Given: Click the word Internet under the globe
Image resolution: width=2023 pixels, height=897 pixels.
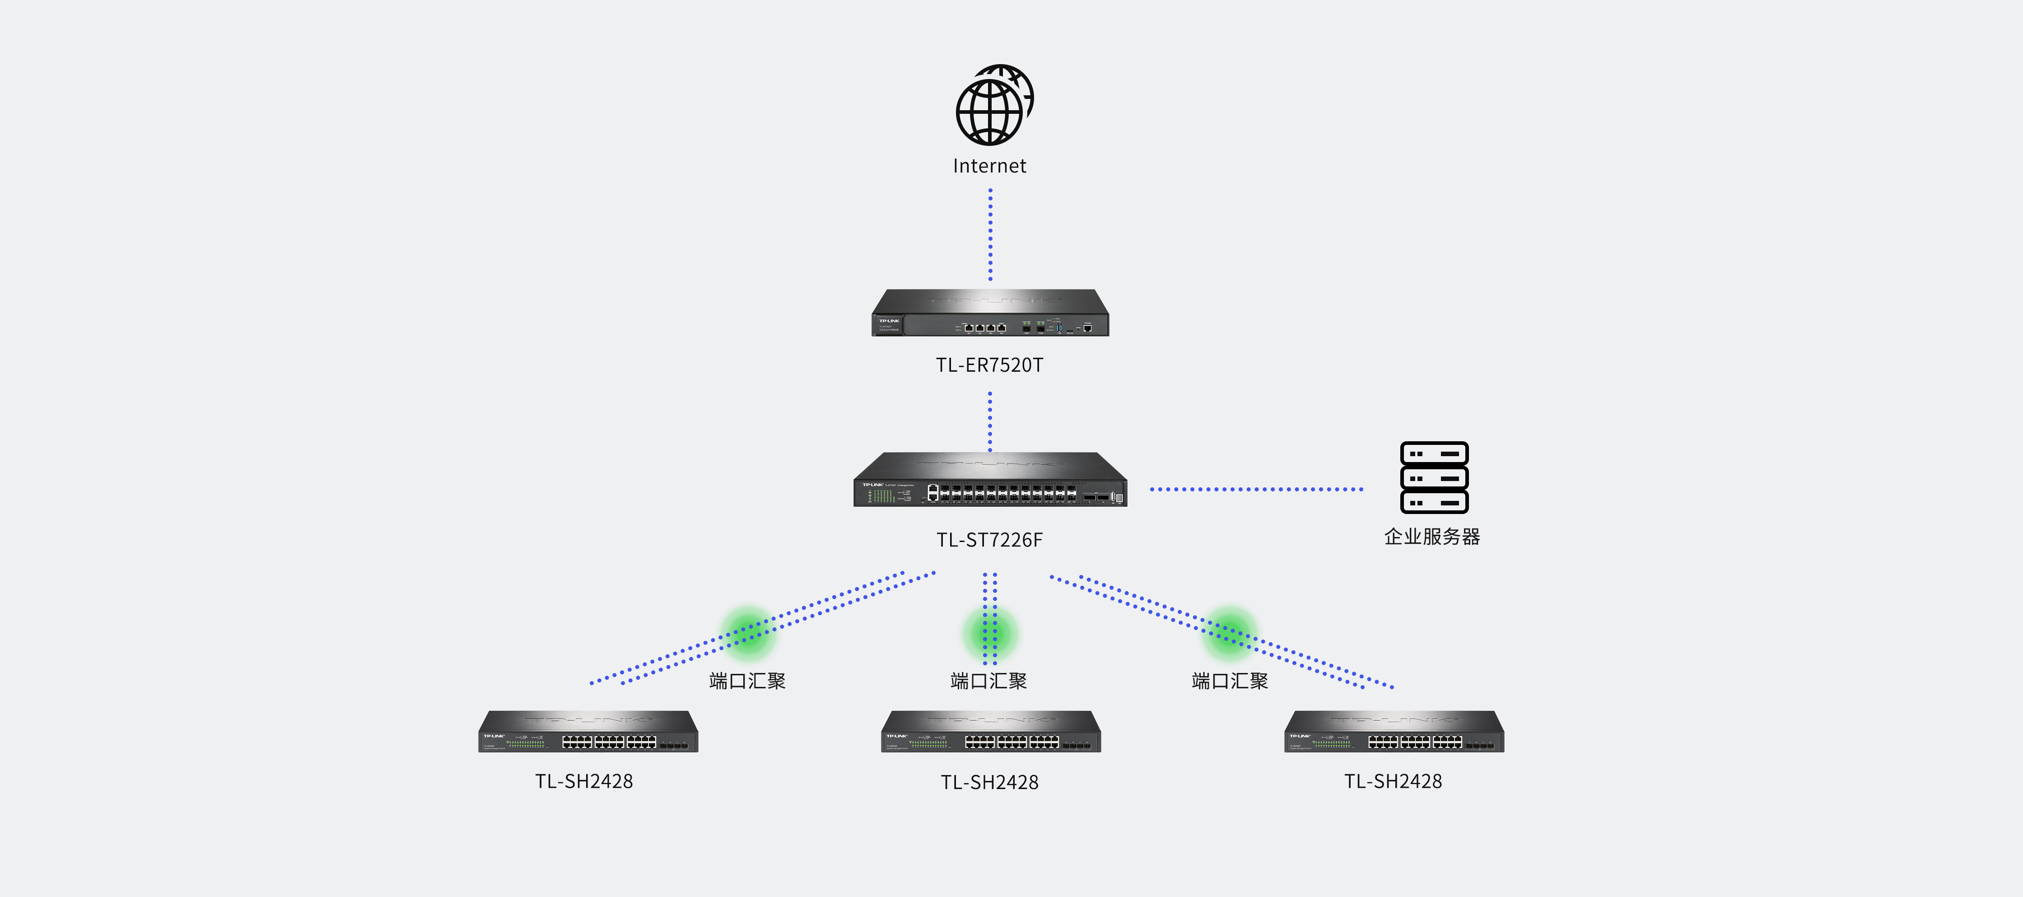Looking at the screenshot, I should pyautogui.click(x=989, y=166).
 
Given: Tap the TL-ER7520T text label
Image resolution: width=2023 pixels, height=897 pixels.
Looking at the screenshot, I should pyautogui.click(x=989, y=365).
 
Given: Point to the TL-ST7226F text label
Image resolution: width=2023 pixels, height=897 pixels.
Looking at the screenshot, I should pyautogui.click(x=989, y=540).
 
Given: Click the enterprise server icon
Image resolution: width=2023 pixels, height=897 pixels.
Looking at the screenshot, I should pyautogui.click(x=1434, y=477).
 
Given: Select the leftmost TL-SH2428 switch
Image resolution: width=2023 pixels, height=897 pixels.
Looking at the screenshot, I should pyautogui.click(x=588, y=732).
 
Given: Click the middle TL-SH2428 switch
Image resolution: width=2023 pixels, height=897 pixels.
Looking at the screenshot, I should pyautogui.click(x=991, y=732).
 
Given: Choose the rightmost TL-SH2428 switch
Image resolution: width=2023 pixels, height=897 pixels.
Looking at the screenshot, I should pyautogui.click(x=1394, y=732).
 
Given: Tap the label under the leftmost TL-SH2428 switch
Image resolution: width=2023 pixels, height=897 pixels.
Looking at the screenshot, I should pyautogui.click(x=584, y=781).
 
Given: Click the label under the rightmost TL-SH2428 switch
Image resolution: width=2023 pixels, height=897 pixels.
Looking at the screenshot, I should pyautogui.click(x=1393, y=781).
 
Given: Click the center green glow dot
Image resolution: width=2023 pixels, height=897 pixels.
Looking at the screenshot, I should pyautogui.click(x=990, y=632).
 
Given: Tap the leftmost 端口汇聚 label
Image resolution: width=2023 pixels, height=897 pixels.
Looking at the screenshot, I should pyautogui.click(x=748, y=681).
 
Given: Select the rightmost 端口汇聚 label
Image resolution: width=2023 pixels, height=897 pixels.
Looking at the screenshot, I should pyautogui.click(x=1230, y=681).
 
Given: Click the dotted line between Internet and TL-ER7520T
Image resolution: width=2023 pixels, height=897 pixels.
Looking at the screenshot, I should pyautogui.click(x=990, y=234).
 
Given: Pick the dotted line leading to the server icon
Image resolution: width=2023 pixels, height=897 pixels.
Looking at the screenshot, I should pyautogui.click(x=1257, y=489).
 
